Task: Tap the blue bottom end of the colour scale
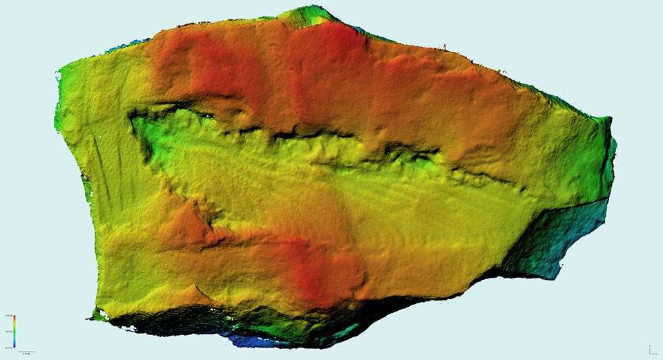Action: (x=15, y=343)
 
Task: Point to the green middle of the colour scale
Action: (x=15, y=331)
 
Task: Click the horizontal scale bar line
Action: (x=26, y=352)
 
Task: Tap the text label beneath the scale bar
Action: (x=26, y=355)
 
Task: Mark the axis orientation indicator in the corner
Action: (x=651, y=350)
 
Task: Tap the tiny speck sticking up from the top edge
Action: (x=445, y=47)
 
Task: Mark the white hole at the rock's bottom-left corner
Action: (x=100, y=316)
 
